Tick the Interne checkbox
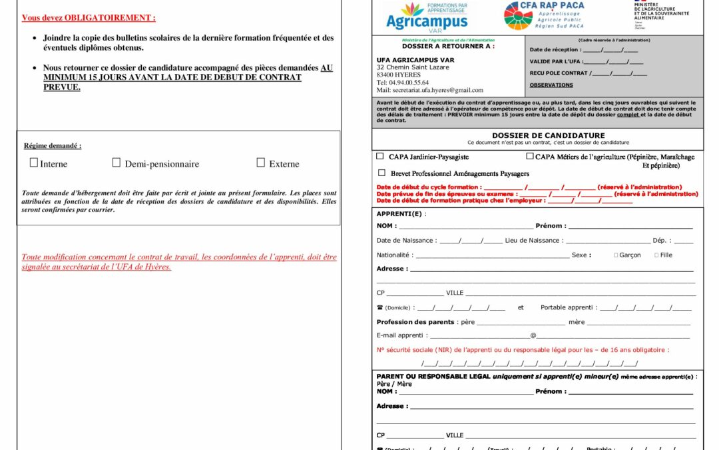34,163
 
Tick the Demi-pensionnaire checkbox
117,163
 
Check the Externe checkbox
261,163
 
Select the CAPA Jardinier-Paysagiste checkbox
380,156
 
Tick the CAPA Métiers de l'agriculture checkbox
530,156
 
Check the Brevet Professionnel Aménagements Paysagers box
381,173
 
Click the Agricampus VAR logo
427,15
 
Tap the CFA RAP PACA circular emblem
518,15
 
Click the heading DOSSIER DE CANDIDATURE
539,135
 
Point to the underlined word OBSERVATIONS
551,85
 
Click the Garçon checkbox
616,255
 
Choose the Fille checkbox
656,255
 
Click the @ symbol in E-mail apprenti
533,335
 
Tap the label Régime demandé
53,145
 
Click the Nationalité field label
393,255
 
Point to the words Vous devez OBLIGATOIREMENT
89,18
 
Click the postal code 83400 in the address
389,75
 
